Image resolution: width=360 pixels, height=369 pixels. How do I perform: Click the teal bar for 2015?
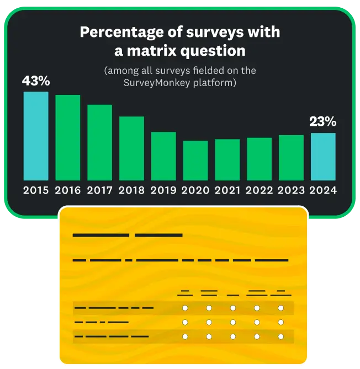[x=36, y=136]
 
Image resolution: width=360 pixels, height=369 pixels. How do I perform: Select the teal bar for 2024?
[x=323, y=157]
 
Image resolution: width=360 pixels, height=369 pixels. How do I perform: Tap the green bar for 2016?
[x=68, y=137]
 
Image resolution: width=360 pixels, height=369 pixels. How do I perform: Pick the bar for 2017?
[x=100, y=142]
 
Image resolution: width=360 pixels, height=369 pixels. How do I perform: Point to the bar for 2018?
[x=132, y=148]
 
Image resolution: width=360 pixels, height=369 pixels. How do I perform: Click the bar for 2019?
[x=163, y=156]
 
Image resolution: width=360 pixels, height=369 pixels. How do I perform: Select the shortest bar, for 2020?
[x=195, y=161]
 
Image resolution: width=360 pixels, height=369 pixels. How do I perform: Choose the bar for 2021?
[x=227, y=159]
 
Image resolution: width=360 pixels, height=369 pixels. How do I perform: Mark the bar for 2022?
[x=260, y=159]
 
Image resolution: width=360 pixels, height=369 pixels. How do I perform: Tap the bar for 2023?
[x=291, y=157]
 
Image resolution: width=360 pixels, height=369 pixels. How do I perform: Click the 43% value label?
[x=36, y=81]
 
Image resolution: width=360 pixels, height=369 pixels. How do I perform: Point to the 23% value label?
[x=323, y=122]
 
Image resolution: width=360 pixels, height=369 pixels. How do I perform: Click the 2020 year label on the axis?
[x=196, y=190]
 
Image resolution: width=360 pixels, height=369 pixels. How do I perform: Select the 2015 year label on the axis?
[x=36, y=190]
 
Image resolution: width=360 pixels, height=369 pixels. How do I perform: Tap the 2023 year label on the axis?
[x=292, y=190]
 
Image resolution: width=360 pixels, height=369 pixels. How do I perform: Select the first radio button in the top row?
[x=185, y=308]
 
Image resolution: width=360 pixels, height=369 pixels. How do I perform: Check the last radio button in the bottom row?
[x=280, y=336]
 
